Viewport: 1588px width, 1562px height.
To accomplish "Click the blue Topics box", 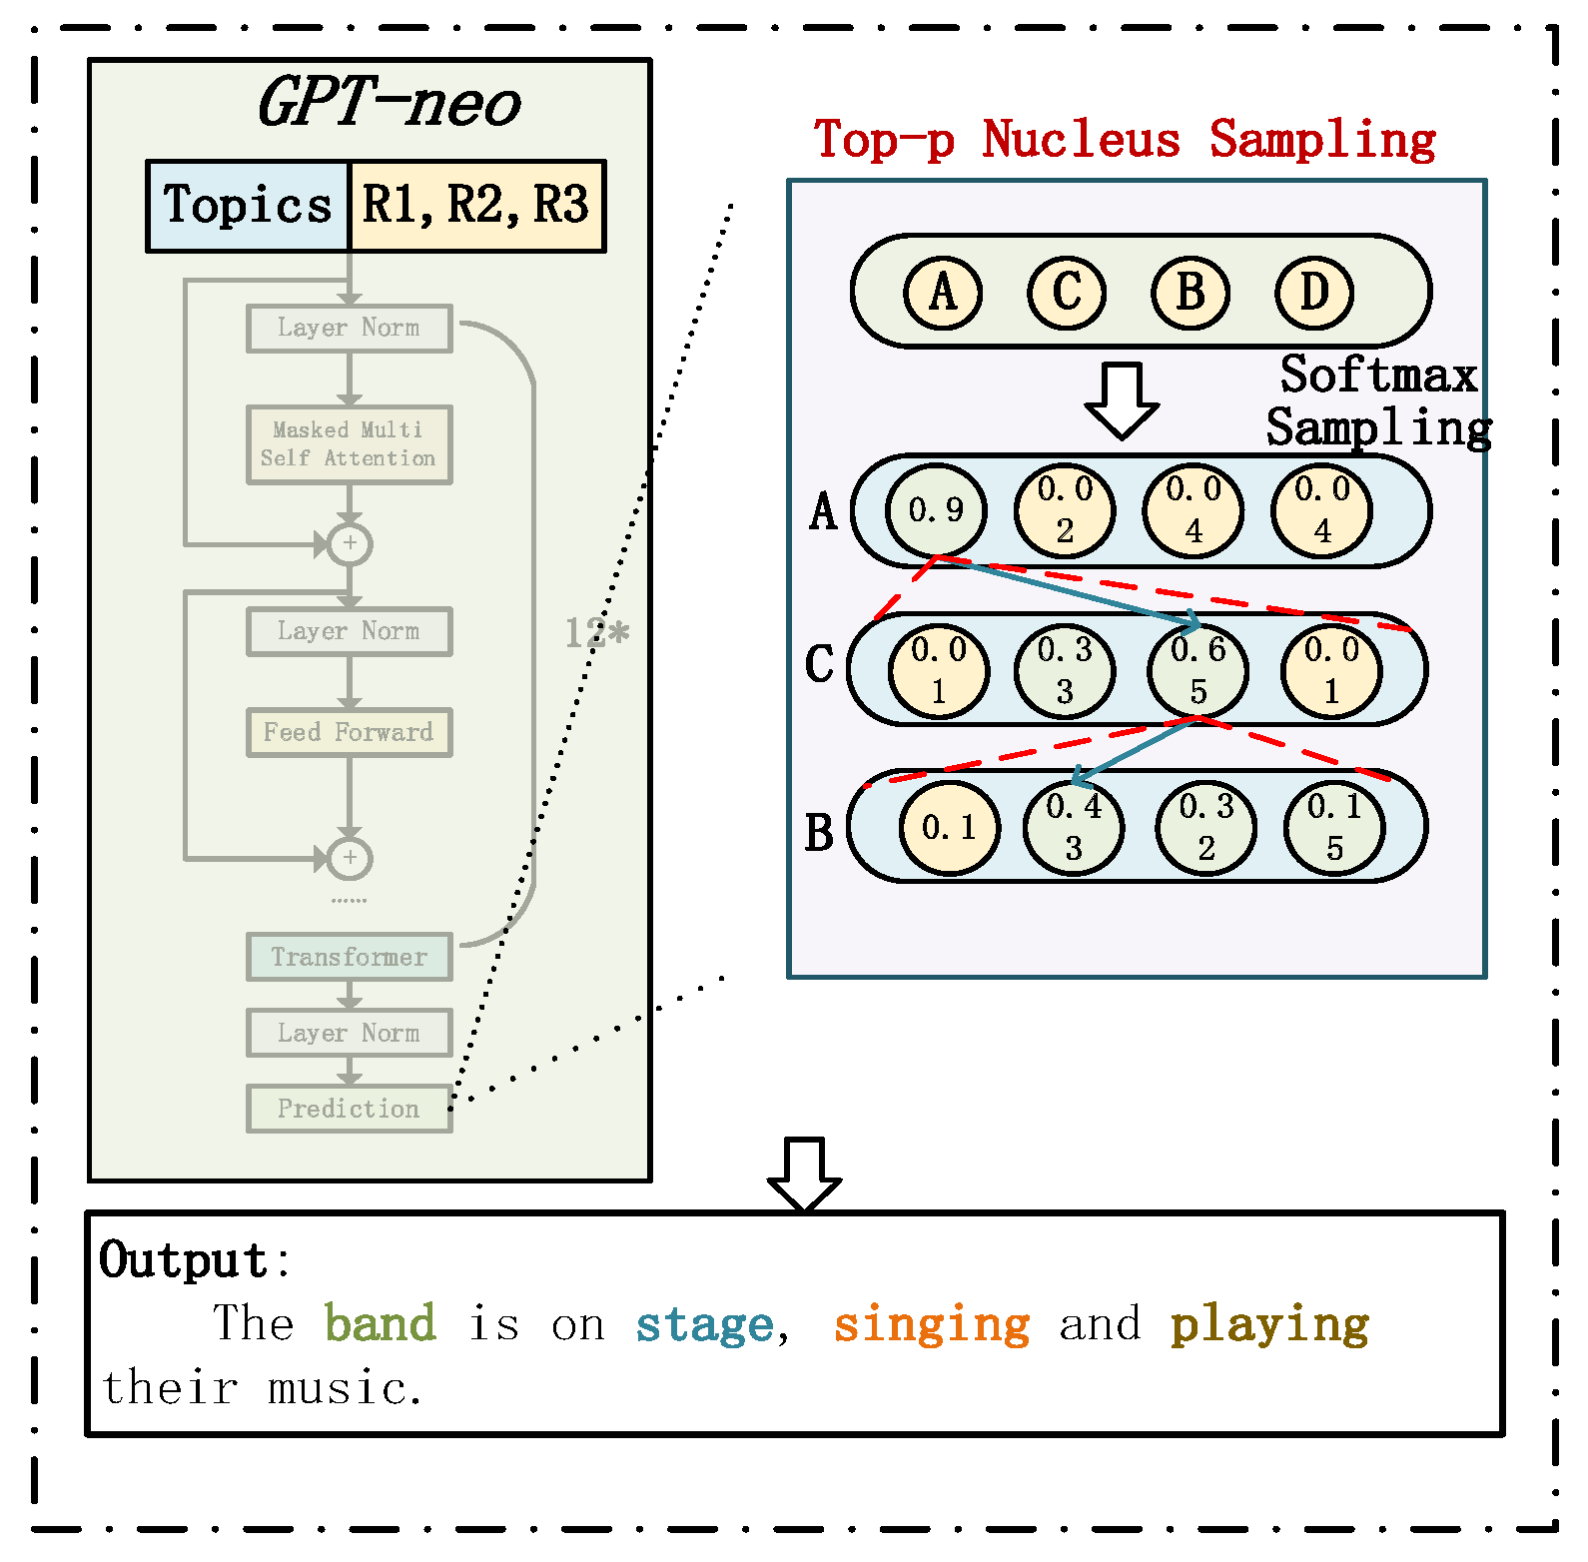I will pyautogui.click(x=248, y=206).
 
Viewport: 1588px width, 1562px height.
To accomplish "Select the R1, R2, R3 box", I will pyautogui.click(x=476, y=206).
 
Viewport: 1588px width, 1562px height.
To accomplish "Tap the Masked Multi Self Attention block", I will pyautogui.click(x=349, y=444).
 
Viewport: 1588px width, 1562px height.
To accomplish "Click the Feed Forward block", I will pyautogui.click(x=349, y=732).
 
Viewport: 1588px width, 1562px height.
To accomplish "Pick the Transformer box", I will pyautogui.click(x=349, y=957).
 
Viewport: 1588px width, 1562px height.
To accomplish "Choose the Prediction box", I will pyautogui.click(x=349, y=1109).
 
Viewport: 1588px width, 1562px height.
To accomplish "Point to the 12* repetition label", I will pyautogui.click(x=596, y=632).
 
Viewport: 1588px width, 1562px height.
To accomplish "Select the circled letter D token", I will pyautogui.click(x=1313, y=293).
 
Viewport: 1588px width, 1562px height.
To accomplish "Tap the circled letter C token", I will pyautogui.click(x=1066, y=293).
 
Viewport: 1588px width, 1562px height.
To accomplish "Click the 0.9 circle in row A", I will pyautogui.click(x=936, y=510).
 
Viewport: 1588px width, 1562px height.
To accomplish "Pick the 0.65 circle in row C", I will pyautogui.click(x=1197, y=670).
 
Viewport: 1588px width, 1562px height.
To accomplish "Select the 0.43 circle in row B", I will pyautogui.click(x=1074, y=827).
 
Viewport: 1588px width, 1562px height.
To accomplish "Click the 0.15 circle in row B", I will pyautogui.click(x=1333, y=827).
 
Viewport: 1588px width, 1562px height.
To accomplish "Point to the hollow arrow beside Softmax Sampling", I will pyautogui.click(x=1122, y=400).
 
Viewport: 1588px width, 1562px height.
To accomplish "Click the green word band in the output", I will pyautogui.click(x=380, y=1323).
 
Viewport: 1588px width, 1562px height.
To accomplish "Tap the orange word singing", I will pyautogui.click(x=931, y=1325).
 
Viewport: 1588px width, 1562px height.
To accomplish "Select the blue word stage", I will pyautogui.click(x=704, y=1325).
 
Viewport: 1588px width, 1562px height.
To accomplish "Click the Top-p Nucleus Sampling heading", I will pyautogui.click(x=1125, y=139).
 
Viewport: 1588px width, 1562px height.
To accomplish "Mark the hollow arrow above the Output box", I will pyautogui.click(x=804, y=1173).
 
